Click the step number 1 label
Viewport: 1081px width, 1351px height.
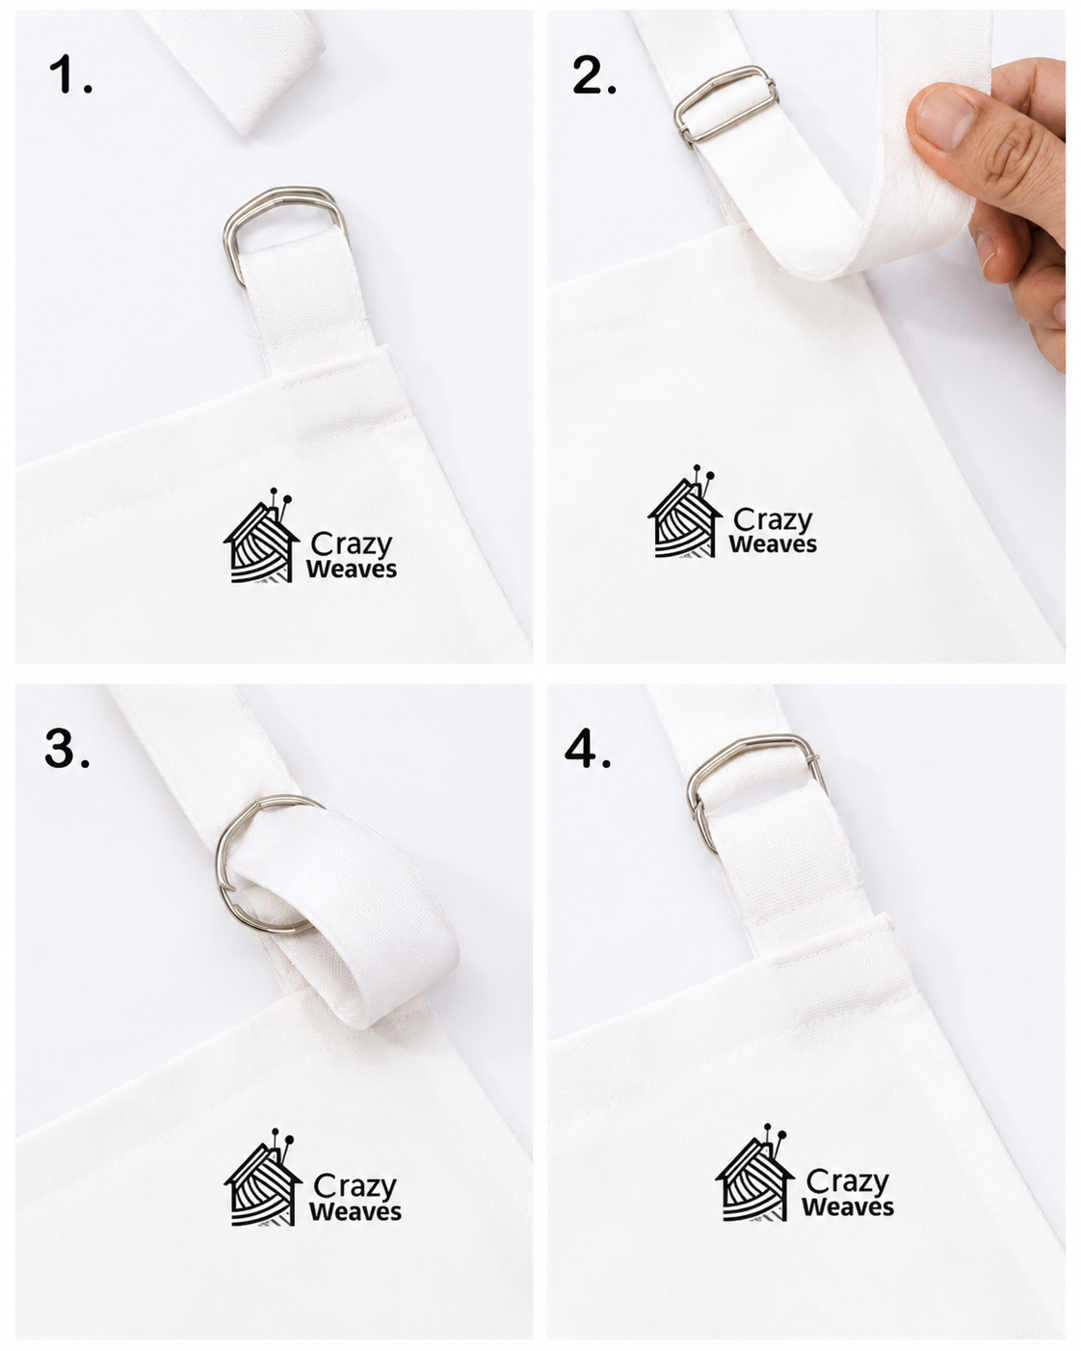pyautogui.click(x=70, y=74)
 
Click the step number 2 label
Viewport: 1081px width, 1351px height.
pyautogui.click(x=593, y=74)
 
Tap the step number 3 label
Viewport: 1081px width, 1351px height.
pyautogui.click(x=66, y=749)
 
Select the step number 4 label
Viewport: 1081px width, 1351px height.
pyautogui.click(x=588, y=749)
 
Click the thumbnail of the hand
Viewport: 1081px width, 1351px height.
pyautogui.click(x=946, y=118)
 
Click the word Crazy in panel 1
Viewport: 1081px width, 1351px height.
pyautogui.click(x=351, y=543)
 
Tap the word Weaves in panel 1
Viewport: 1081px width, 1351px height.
pyautogui.click(x=351, y=570)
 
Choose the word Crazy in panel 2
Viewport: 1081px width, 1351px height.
pyautogui.click(x=773, y=519)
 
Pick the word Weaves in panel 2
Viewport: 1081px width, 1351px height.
pyautogui.click(x=773, y=543)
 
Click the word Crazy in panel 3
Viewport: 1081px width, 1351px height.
pyautogui.click(x=356, y=1186)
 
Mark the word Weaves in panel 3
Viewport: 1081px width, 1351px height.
pyautogui.click(x=356, y=1211)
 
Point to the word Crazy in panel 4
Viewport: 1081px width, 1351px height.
pyautogui.click(x=848, y=1181)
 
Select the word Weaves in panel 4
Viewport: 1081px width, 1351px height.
pyautogui.click(x=848, y=1206)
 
